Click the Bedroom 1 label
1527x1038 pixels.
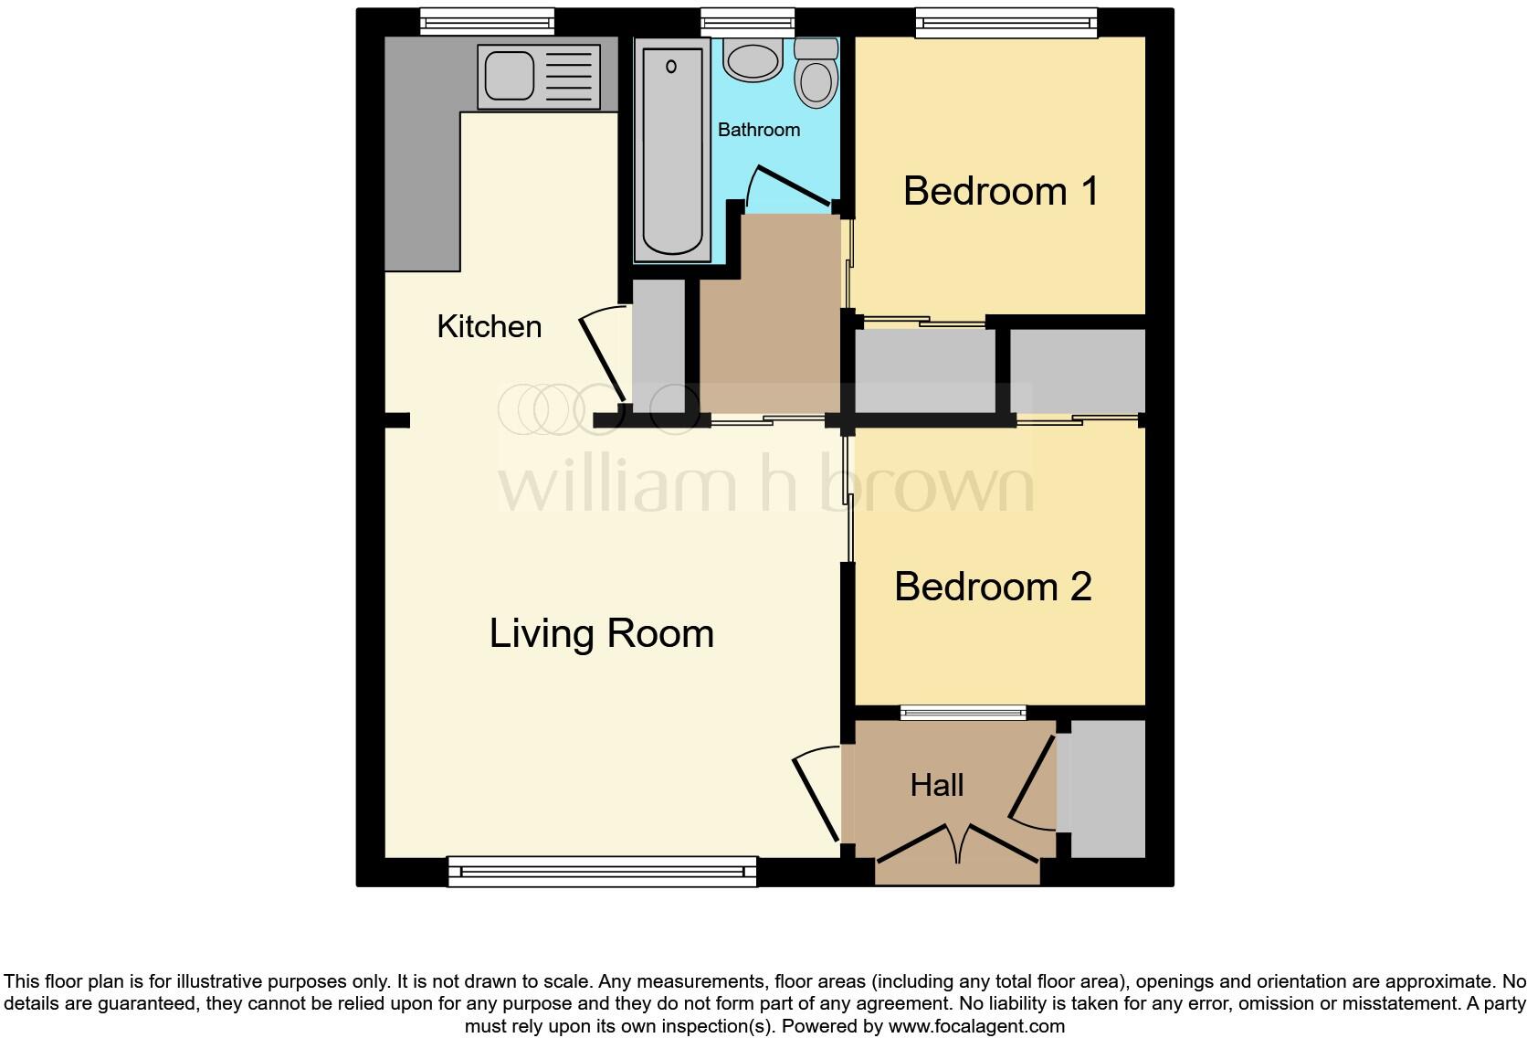pyautogui.click(x=1000, y=191)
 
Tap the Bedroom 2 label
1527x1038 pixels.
pyautogui.click(x=993, y=587)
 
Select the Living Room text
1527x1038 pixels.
pyautogui.click(x=601, y=633)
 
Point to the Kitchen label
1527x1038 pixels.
pyautogui.click(x=489, y=326)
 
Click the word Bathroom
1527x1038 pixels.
pyautogui.click(x=758, y=130)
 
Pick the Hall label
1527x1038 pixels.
pyautogui.click(x=936, y=785)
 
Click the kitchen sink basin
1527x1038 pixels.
pyautogui.click(x=509, y=76)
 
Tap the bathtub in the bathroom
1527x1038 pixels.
pyautogui.click(x=672, y=151)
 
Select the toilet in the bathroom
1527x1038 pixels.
pyautogui.click(x=816, y=74)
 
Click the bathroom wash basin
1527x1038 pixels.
pyautogui.click(x=753, y=59)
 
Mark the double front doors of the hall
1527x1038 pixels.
pyautogui.click(x=957, y=842)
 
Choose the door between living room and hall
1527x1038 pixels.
pyautogui.click(x=816, y=797)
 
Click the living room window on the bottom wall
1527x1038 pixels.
pyautogui.click(x=602, y=872)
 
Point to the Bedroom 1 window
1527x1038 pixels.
pyautogui.click(x=1006, y=23)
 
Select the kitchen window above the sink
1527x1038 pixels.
pyautogui.click(x=487, y=22)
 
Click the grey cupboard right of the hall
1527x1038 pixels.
pyautogui.click(x=1106, y=789)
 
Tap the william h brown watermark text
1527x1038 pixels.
pyautogui.click(x=765, y=485)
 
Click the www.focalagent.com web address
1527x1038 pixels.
pyautogui.click(x=975, y=1026)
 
